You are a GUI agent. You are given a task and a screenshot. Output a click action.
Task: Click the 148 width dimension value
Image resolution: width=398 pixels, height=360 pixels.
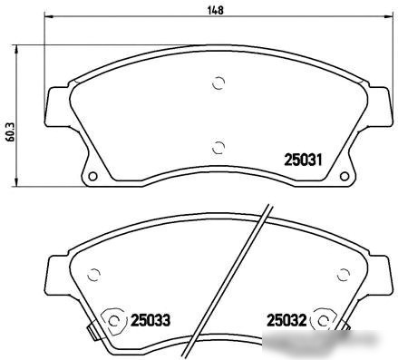point(216,10)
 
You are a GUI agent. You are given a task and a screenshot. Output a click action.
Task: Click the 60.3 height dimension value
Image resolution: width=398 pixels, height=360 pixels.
point(11,132)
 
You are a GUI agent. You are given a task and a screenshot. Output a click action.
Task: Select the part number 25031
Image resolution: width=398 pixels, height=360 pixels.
point(304,160)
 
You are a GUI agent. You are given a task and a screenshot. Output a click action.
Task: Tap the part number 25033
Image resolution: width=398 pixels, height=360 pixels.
point(150,320)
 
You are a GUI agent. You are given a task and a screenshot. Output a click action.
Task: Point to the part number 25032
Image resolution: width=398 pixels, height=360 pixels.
point(286,320)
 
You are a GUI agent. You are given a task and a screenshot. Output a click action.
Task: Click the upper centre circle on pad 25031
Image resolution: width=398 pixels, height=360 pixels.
point(218,83)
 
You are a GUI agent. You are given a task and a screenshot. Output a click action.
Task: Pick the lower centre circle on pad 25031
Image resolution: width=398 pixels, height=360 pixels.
point(218,148)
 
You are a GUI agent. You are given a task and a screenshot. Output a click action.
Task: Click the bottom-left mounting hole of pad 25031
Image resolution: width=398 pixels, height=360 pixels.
point(92,176)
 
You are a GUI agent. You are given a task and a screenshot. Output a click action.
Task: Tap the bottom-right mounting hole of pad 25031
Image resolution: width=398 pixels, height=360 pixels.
point(345,176)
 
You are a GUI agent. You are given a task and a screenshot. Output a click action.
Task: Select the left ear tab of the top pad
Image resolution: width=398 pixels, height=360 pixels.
point(57,106)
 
